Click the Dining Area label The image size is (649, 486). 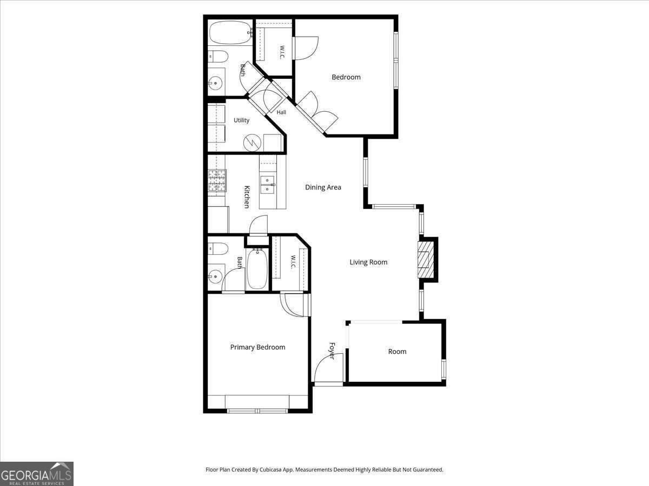323,187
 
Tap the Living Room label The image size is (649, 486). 368,262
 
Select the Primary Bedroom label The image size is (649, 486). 257,347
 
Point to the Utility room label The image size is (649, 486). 241,120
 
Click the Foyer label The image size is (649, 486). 332,351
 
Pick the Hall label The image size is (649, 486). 281,112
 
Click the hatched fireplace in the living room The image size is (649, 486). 426,260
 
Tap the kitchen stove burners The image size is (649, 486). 217,180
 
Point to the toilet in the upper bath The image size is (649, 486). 218,56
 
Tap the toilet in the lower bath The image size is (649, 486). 218,249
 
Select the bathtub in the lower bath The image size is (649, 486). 257,269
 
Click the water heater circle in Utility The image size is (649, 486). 252,143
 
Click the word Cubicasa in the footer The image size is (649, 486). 271,469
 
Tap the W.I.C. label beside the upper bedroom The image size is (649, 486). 282,52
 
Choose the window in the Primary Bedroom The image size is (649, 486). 257,411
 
